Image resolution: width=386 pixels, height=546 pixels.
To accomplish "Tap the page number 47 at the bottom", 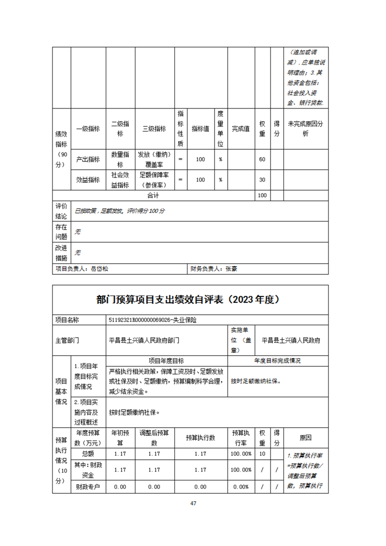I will point(193,503).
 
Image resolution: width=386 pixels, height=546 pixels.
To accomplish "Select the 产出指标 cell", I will point(88,159).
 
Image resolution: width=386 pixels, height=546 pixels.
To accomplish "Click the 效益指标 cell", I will point(88,180).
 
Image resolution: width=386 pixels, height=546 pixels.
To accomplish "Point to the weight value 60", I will point(262,159).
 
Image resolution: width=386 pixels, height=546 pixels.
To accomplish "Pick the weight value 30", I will point(262,180).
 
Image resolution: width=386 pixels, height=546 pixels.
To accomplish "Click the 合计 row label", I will point(153,195).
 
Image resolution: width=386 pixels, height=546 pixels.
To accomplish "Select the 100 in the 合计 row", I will point(262,195).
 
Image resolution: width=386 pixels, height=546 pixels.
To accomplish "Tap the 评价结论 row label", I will point(61,211).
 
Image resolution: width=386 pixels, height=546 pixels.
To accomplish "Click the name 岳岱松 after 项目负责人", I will point(102,268).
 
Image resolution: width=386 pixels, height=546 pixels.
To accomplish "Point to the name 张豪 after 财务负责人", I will point(231,268).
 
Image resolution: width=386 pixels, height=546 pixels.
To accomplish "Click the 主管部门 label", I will point(67,340).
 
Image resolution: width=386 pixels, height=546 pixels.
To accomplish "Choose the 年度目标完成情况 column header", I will point(277,361).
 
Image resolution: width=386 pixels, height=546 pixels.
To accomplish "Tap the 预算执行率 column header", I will point(241,437).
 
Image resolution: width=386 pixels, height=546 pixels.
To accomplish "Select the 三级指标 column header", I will point(154,129).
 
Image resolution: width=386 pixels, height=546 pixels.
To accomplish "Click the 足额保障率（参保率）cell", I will point(154,180).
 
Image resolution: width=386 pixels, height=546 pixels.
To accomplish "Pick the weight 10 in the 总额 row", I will point(262,454).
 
